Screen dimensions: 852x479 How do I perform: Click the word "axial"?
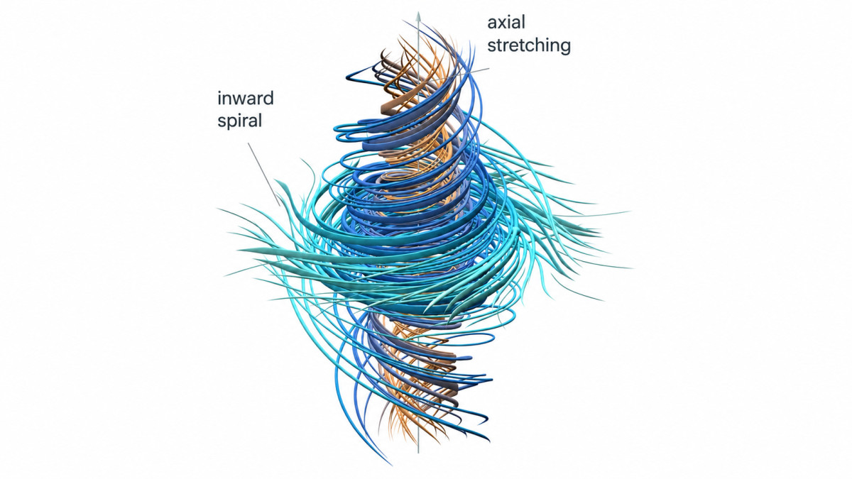(x=506, y=23)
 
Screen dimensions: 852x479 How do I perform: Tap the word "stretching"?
(x=529, y=46)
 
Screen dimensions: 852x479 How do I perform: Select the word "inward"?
(x=246, y=99)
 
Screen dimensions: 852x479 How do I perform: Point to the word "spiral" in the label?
(x=240, y=121)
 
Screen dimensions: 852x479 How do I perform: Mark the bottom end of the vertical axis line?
(x=418, y=453)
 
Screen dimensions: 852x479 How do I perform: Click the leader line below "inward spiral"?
(x=264, y=175)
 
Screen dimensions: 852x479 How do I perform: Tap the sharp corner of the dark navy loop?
(x=347, y=77)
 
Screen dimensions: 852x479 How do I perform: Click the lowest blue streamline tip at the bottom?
(x=391, y=465)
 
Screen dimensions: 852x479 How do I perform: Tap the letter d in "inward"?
(x=268, y=99)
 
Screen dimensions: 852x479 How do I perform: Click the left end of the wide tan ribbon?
(x=382, y=108)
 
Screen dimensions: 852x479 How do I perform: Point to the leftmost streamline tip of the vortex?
(x=218, y=209)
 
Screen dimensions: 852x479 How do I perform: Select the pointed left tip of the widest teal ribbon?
(x=238, y=250)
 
